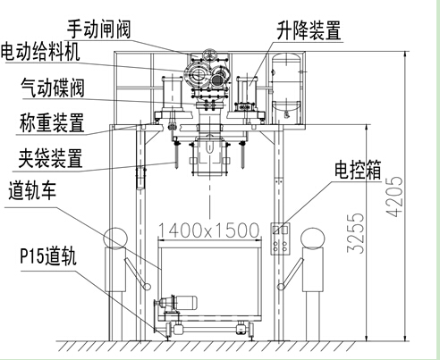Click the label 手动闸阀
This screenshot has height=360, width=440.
point(98,29)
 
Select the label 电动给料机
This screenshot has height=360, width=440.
point(40,52)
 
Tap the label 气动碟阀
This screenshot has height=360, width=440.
point(53,88)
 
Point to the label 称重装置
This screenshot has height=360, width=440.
point(52,122)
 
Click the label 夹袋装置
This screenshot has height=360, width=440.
point(50,158)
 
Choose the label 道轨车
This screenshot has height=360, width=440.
point(32,190)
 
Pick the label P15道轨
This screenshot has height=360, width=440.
point(48,255)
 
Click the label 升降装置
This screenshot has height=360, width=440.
point(309,30)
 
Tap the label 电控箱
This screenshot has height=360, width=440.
point(358,170)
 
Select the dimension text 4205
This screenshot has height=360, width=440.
point(394,197)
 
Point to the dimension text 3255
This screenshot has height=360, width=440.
point(356,233)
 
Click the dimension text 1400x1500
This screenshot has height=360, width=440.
point(208,230)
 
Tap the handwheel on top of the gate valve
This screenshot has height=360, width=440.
point(209,54)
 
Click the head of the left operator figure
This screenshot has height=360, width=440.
point(115,239)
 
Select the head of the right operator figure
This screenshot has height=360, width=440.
point(312,239)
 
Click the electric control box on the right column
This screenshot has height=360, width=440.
point(280,239)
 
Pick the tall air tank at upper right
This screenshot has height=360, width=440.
point(286,88)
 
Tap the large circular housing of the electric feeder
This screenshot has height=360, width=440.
point(196,74)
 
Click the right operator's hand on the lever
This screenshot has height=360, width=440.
point(281,287)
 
